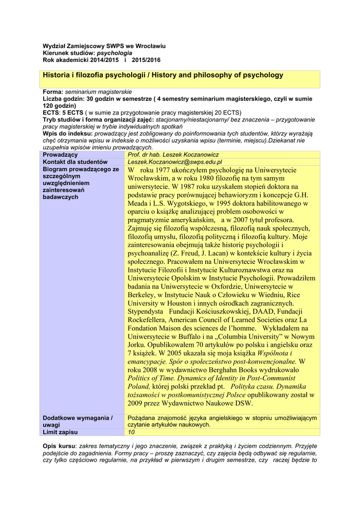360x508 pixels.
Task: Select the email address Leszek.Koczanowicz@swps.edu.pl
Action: click(x=175, y=162)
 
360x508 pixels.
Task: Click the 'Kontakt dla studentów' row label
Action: click(x=75, y=162)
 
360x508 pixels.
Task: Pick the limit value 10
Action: click(x=131, y=433)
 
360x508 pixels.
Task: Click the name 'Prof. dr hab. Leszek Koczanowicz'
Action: click(x=173, y=155)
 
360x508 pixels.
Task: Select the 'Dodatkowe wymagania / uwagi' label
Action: click(x=78, y=422)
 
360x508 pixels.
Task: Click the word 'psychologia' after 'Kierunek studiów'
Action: click(x=114, y=53)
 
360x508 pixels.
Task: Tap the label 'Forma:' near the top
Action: click(x=53, y=92)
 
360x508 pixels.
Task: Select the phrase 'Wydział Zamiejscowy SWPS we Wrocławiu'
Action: click(x=104, y=46)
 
